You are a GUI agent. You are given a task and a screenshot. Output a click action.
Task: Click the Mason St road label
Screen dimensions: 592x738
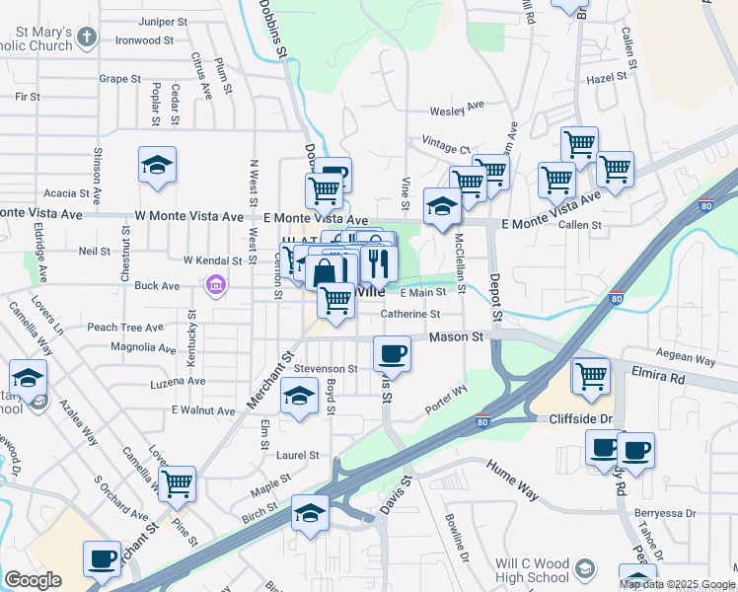[x=459, y=336]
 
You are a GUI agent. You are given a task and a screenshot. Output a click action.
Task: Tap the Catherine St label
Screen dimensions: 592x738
[x=410, y=315]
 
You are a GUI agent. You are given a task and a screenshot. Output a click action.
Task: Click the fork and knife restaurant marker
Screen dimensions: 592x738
[x=378, y=263]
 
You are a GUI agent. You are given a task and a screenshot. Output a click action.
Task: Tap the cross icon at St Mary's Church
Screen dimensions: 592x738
[x=87, y=38]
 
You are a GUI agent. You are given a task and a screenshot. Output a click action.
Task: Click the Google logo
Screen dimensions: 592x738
[x=33, y=580]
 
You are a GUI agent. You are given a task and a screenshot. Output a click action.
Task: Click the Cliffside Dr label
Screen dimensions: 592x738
[x=582, y=419]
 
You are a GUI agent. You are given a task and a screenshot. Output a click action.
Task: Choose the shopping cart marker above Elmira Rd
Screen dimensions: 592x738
[x=591, y=376]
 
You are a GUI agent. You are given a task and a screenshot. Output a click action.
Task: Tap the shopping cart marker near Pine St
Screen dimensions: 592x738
[x=177, y=483]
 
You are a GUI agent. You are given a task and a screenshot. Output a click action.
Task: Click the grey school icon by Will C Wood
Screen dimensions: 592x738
[x=585, y=569]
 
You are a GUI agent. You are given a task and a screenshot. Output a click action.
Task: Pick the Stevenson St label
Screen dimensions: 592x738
[x=325, y=368]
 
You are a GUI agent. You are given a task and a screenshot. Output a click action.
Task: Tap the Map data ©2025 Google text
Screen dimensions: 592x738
[x=676, y=584]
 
